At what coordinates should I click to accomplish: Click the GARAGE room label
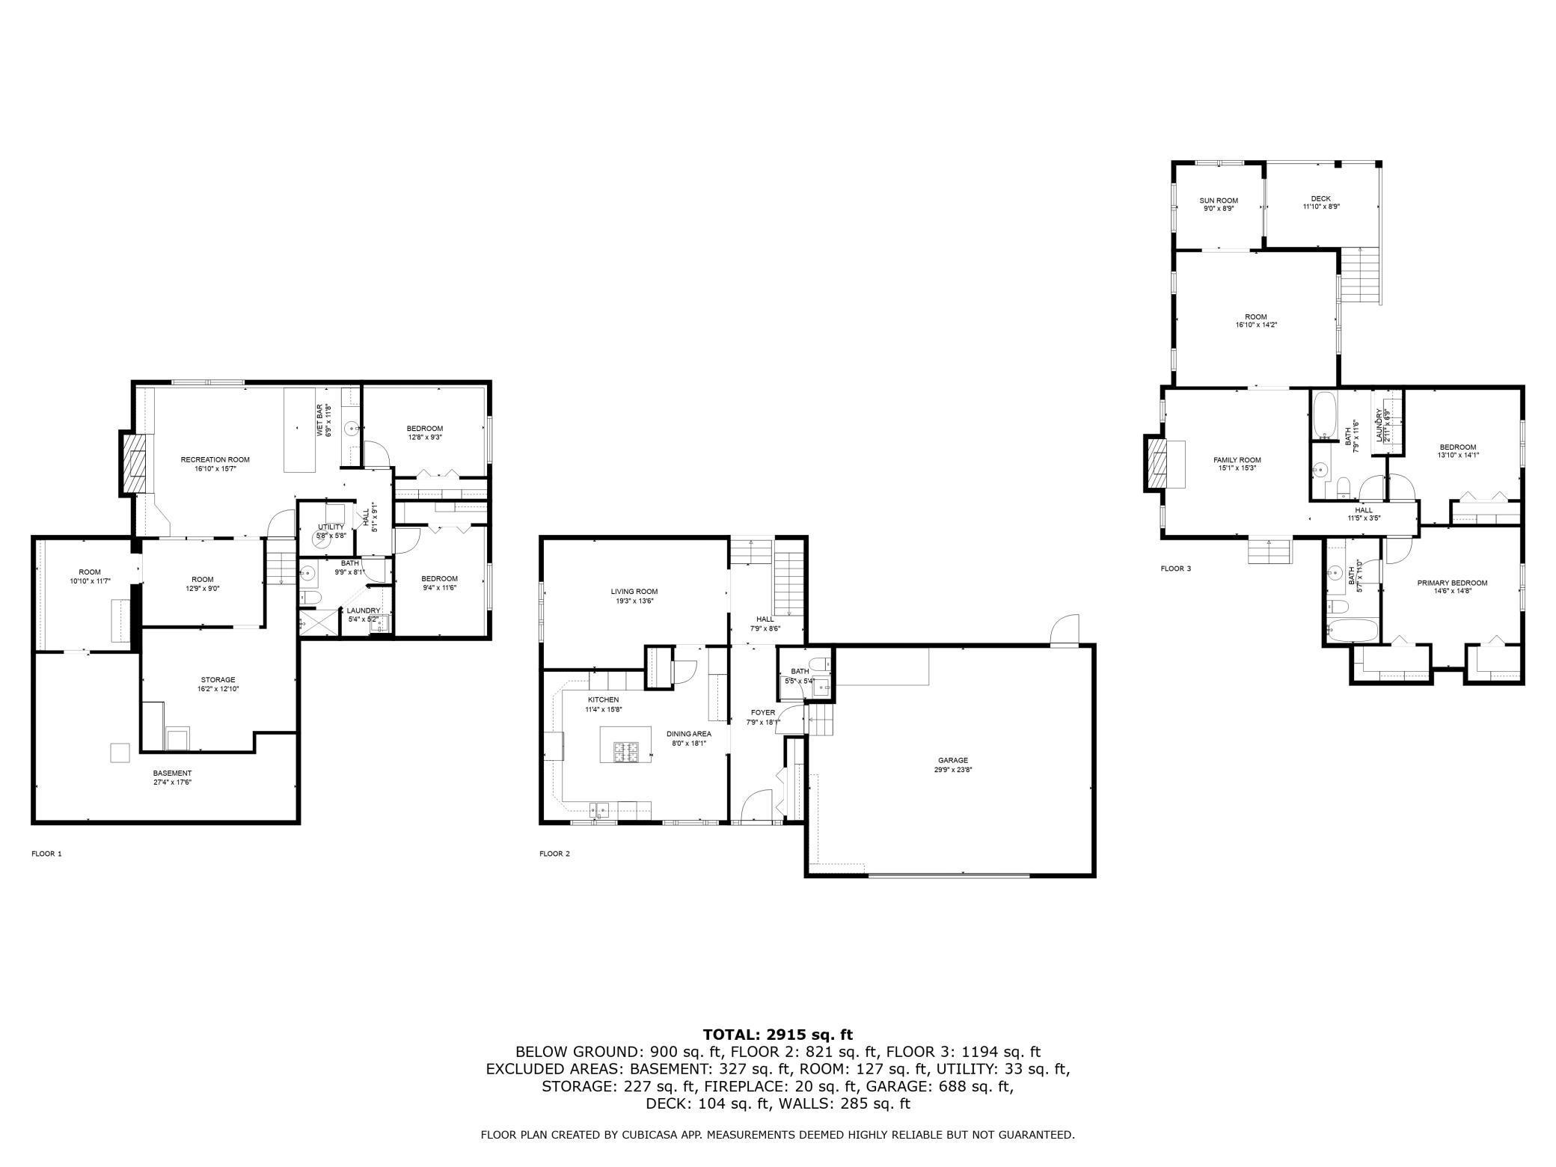[953, 760]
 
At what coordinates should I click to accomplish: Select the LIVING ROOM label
[634, 592]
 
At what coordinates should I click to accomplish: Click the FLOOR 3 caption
[1175, 569]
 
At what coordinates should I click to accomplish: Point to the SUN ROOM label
[1219, 200]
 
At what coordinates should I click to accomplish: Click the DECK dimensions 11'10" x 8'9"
[1321, 207]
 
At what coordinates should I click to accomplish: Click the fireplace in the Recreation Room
[135, 464]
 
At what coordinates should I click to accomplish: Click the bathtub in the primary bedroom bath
[1353, 630]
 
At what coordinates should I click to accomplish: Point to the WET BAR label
[319, 420]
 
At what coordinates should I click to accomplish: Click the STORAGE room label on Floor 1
[218, 680]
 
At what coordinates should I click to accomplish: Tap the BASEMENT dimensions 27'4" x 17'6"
[173, 782]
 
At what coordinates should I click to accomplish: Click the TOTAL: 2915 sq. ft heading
[777, 1035]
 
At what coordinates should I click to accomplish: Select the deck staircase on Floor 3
[1359, 275]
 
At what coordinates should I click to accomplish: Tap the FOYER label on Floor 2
[763, 712]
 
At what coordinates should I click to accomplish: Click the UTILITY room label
[331, 527]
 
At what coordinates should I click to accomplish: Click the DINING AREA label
[689, 734]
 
